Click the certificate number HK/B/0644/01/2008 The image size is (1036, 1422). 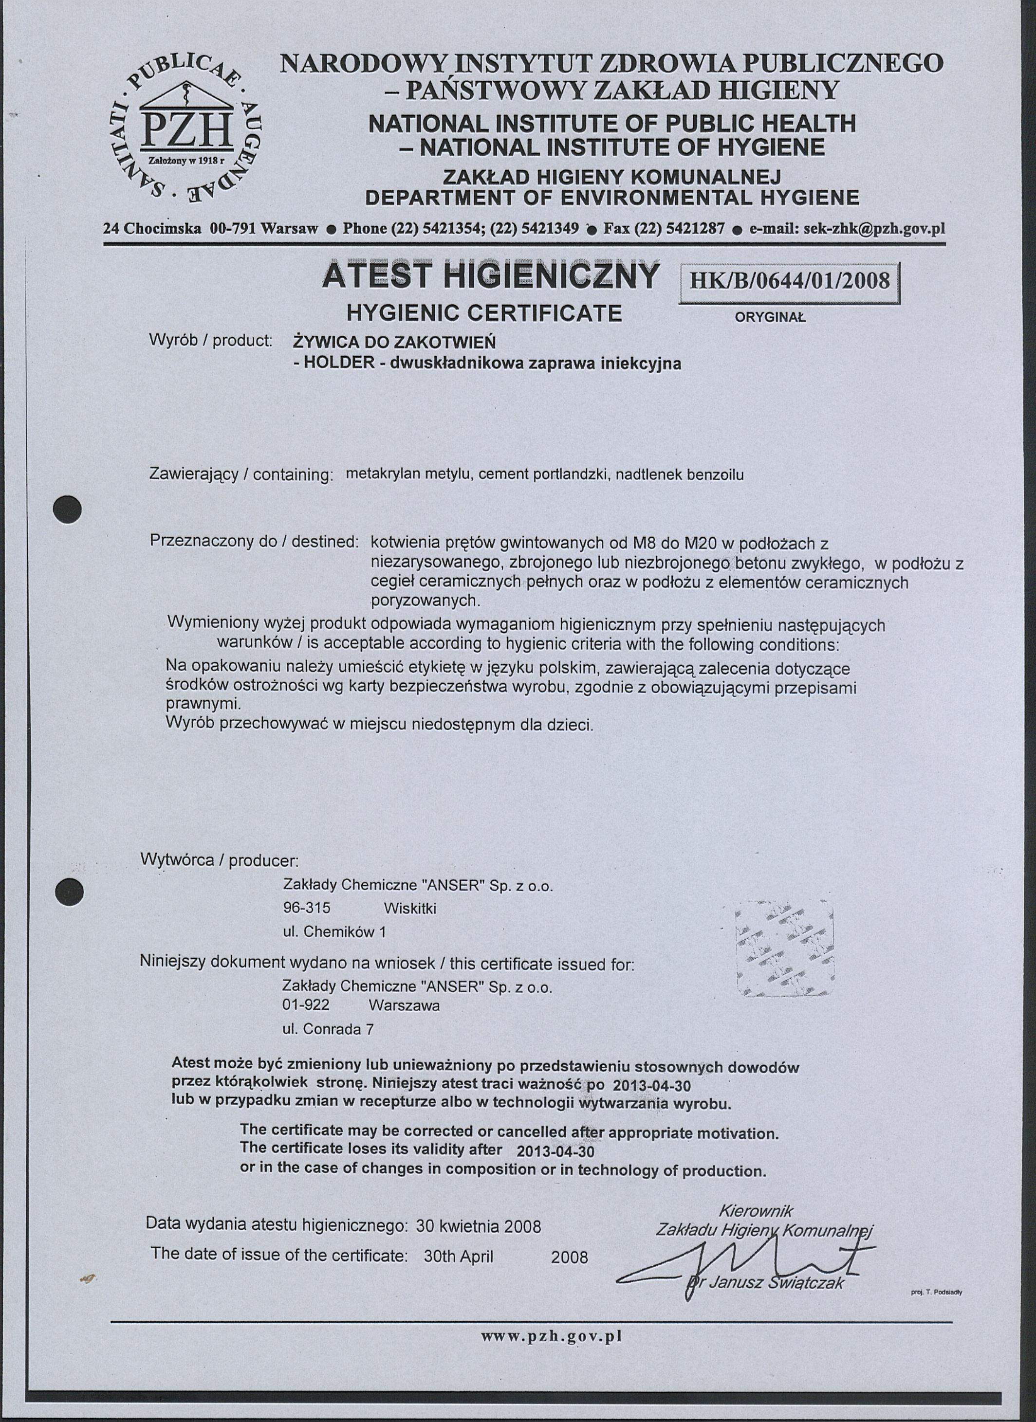790,280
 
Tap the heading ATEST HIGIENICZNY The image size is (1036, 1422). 491,276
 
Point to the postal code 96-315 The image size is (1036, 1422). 307,908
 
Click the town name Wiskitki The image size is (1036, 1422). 409,908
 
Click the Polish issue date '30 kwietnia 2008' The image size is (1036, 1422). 479,1224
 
